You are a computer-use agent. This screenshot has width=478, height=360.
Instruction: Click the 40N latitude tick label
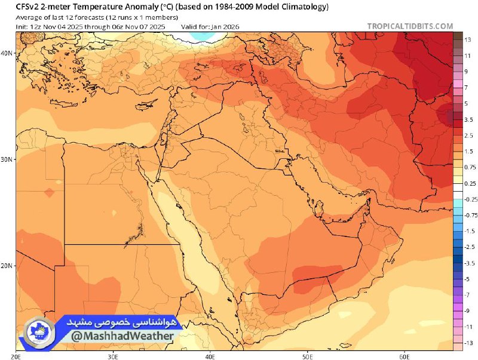[7, 53]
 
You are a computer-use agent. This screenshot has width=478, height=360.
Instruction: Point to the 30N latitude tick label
[7, 159]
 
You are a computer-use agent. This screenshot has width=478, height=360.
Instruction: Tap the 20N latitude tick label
[7, 266]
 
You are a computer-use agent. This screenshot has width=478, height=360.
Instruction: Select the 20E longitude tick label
[16, 356]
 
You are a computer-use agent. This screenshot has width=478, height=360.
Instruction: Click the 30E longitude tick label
[113, 356]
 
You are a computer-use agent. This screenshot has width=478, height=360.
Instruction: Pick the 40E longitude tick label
[210, 356]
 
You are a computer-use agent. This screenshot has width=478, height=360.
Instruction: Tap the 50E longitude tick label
[307, 356]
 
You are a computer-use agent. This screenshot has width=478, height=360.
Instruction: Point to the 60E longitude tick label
[403, 356]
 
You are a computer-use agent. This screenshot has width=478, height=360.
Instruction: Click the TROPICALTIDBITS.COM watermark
[410, 26]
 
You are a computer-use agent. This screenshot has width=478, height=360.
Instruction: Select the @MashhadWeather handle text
[123, 336]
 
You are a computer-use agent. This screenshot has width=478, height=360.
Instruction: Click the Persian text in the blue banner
[122, 322]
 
